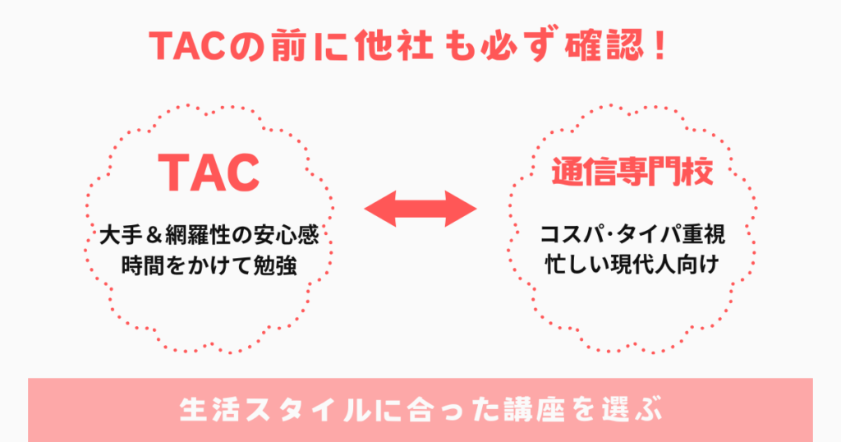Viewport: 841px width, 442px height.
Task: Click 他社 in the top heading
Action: pos(393,47)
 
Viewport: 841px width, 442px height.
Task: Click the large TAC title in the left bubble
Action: pos(209,171)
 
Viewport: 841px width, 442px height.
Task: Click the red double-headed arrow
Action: pos(420,210)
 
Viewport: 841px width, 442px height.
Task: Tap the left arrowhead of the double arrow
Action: pos(380,210)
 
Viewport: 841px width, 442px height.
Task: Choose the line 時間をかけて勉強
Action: pos(208,265)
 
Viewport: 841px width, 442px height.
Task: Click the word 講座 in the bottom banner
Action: pos(527,409)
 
